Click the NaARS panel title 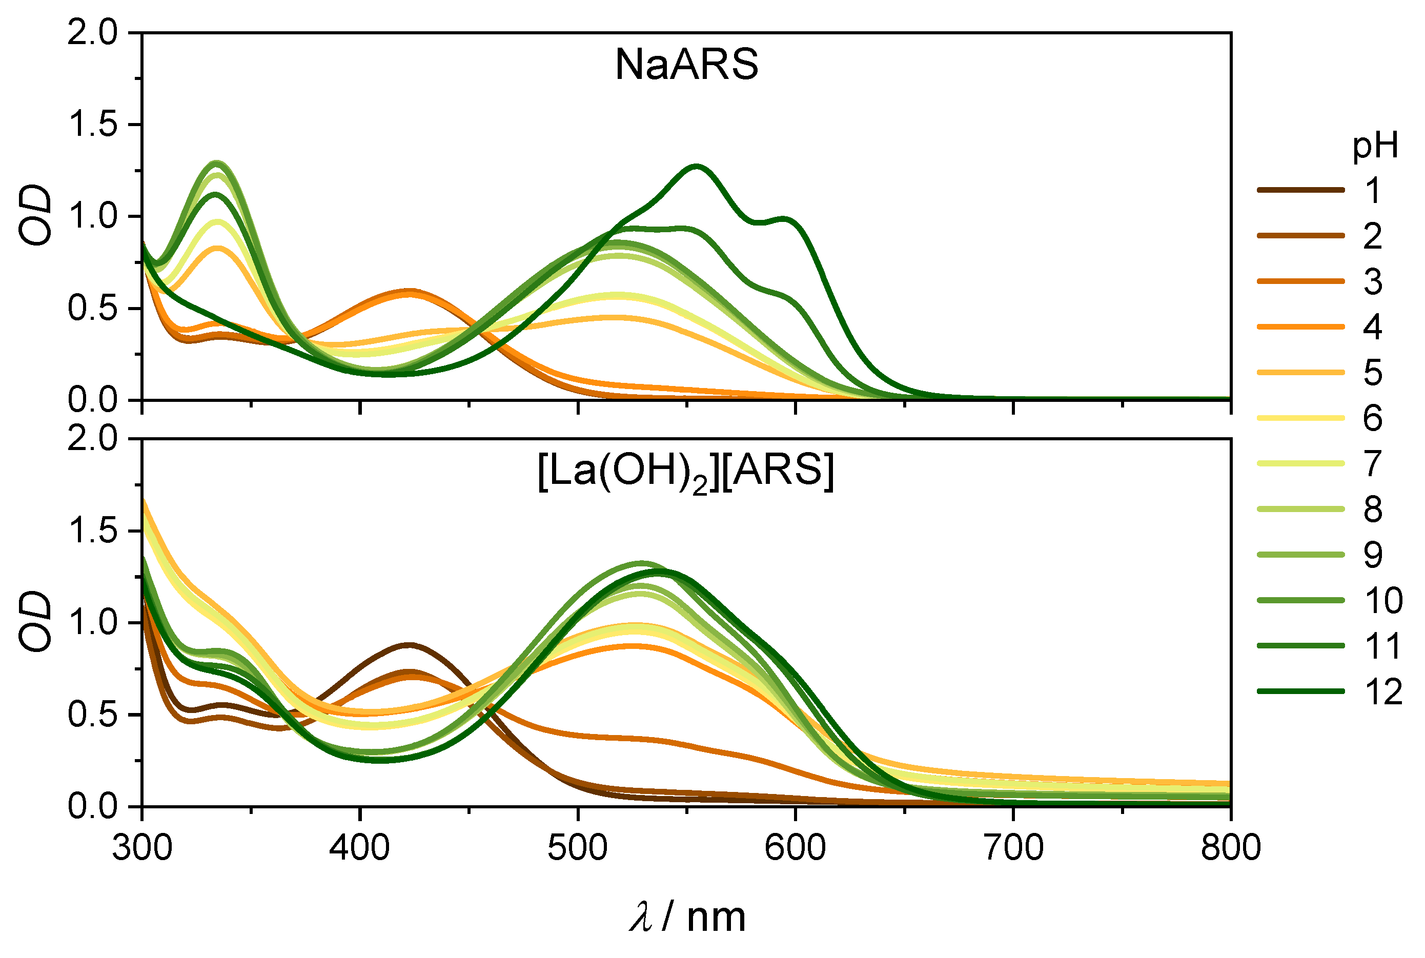click(686, 64)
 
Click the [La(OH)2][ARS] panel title click(685, 472)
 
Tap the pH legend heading click(1374, 146)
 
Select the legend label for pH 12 click(1383, 691)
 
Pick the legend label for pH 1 click(1373, 191)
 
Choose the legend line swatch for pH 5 click(1300, 372)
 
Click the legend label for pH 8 click(1373, 509)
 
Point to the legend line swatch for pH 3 click(1300, 281)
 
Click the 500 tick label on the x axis click(577, 848)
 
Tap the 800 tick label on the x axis click(1230, 848)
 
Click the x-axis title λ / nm click(687, 918)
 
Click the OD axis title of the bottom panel click(35, 621)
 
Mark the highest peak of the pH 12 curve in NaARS click(696, 166)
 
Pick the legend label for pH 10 click(1383, 601)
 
